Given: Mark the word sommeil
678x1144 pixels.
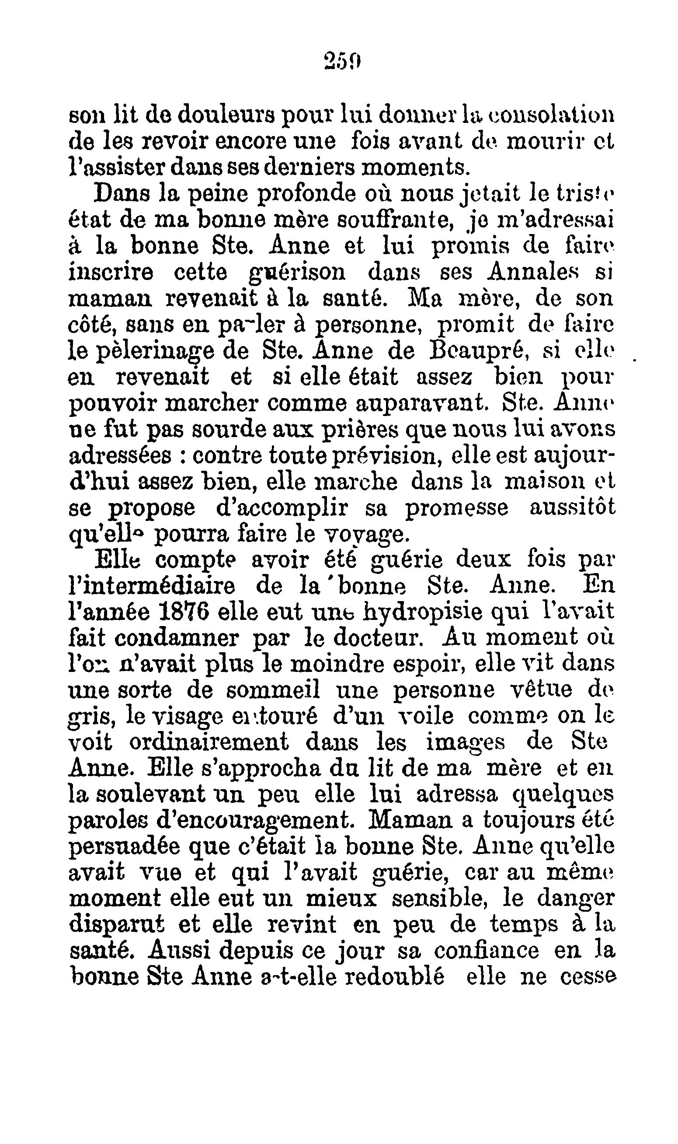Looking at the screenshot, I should tap(273, 690).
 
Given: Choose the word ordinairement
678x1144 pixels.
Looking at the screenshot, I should tap(209, 742).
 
